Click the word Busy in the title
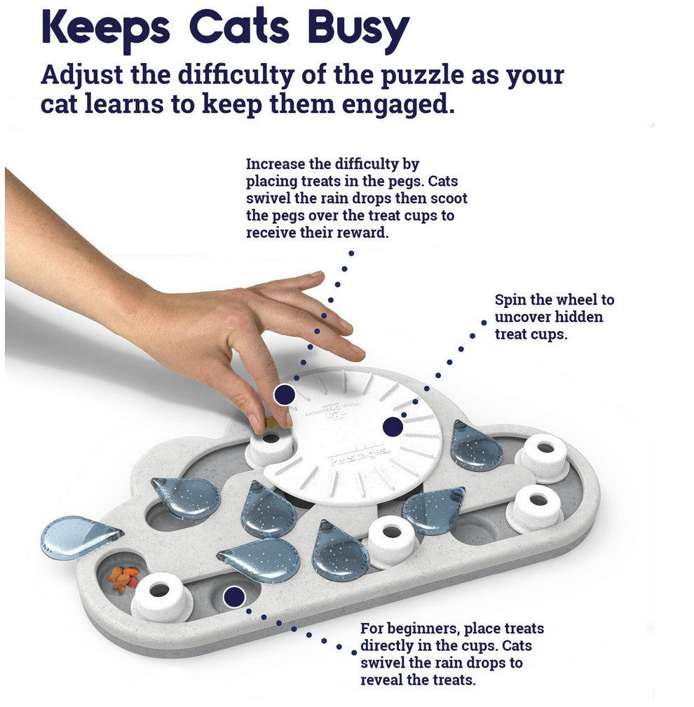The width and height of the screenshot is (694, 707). click(358, 28)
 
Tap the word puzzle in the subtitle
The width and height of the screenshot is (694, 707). click(422, 76)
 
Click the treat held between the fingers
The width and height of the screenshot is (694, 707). click(271, 422)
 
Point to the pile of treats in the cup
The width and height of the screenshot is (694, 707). click(123, 579)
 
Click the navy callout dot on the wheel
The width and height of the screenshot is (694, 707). click(393, 426)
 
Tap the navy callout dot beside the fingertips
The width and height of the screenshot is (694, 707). click(285, 395)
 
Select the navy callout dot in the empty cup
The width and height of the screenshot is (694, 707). click(234, 597)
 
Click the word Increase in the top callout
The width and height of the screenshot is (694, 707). click(275, 163)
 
